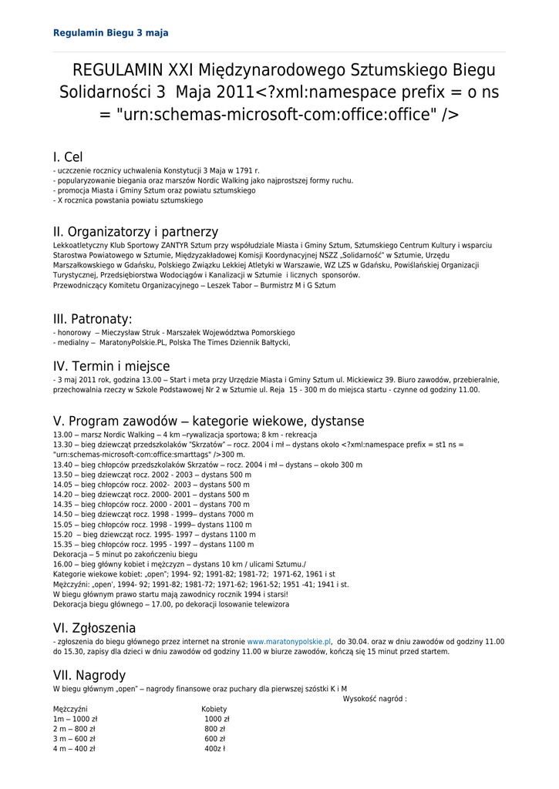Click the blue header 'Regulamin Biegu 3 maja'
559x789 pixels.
(x=110, y=33)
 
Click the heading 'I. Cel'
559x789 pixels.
(x=68, y=157)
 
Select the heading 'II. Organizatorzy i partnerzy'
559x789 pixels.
(x=136, y=231)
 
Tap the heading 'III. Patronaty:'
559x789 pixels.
(x=93, y=319)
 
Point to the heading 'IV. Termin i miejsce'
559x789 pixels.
(x=111, y=366)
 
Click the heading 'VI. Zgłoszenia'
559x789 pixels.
(x=94, y=628)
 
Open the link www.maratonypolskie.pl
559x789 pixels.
(x=289, y=641)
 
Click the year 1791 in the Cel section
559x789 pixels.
(x=244, y=170)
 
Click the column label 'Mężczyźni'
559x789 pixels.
(x=71, y=709)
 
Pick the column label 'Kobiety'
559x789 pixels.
(x=214, y=709)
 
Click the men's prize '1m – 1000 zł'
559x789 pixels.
(x=75, y=719)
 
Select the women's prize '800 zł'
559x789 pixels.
(x=214, y=729)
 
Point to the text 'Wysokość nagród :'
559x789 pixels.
(x=375, y=699)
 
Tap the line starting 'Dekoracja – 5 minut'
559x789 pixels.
(x=125, y=554)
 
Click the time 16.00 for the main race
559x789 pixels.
(x=62, y=564)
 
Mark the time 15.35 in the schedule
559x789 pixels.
(x=62, y=544)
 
